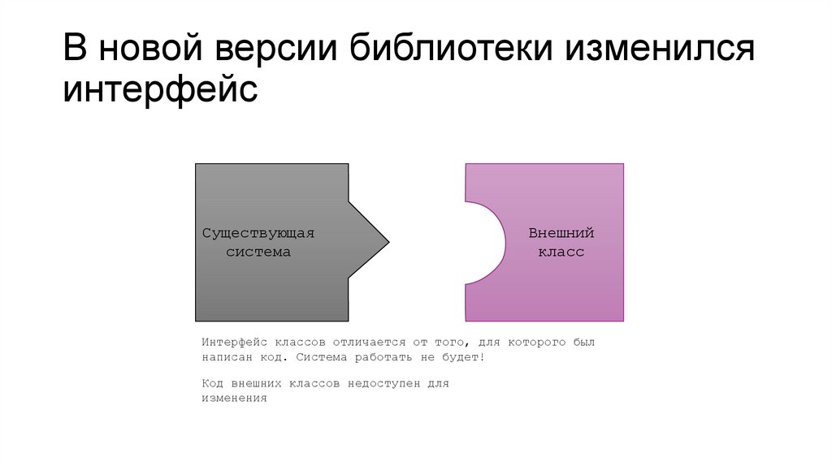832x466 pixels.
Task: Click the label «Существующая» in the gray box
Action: click(x=258, y=233)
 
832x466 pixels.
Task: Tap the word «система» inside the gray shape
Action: click(x=258, y=252)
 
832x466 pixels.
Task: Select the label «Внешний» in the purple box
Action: click(x=561, y=233)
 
